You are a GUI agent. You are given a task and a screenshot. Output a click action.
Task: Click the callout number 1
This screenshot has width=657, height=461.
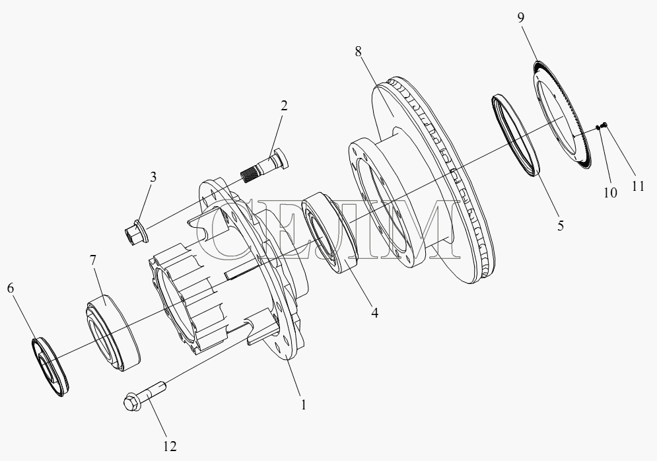(303, 405)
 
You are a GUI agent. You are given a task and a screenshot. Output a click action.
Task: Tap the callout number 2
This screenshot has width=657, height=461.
(284, 106)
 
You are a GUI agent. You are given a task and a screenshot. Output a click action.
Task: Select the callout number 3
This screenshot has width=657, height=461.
(153, 177)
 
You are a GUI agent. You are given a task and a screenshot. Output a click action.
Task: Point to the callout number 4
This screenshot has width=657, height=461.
(374, 312)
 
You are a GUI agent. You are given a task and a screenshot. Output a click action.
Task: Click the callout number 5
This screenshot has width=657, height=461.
(561, 225)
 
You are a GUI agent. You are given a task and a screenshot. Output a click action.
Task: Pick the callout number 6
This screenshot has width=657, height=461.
(11, 288)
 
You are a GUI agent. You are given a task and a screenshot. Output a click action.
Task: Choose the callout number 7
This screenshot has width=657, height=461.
(92, 260)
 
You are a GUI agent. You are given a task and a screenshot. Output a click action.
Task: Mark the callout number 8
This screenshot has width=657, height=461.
(358, 52)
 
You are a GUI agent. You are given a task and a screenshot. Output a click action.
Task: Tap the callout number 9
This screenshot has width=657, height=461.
(520, 18)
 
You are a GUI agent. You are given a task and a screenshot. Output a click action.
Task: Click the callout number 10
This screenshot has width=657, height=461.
(611, 193)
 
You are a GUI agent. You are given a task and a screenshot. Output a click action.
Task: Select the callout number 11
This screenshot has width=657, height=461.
(638, 186)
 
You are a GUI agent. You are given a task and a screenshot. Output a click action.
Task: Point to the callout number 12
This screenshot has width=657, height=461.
(170, 446)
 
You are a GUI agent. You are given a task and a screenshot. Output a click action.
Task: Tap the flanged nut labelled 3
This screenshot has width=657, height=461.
(136, 232)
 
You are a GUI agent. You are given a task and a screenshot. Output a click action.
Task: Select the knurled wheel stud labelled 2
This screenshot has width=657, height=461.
(265, 166)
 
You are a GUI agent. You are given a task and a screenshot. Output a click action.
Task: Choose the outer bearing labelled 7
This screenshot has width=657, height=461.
(112, 333)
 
